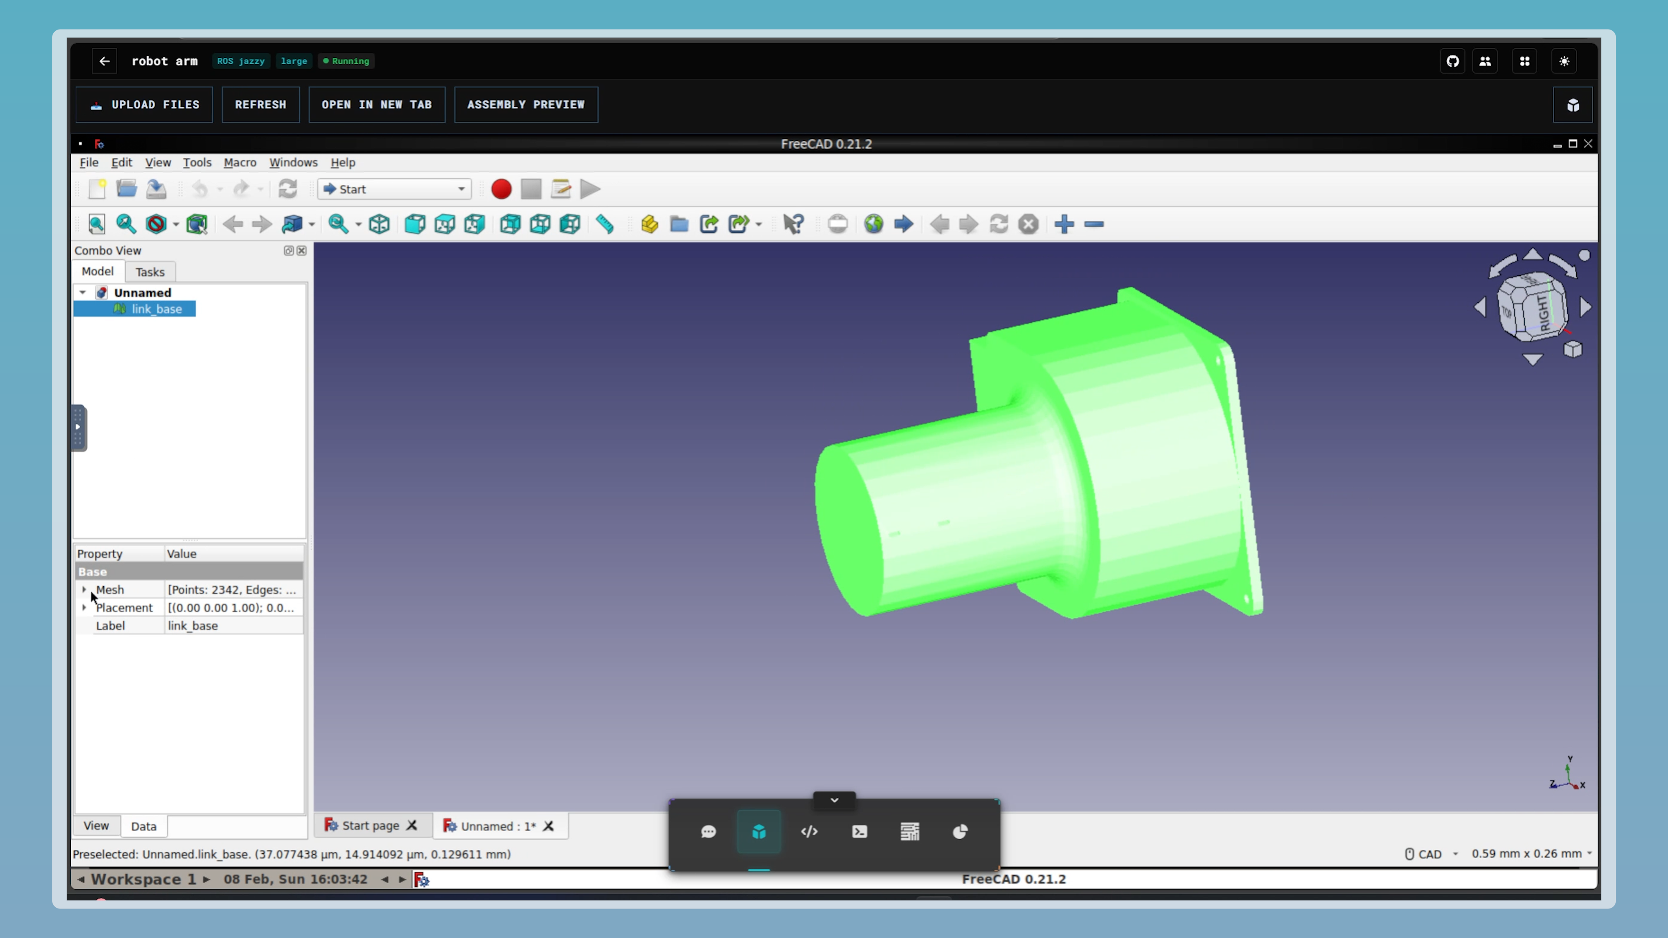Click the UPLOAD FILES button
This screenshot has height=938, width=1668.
point(144,105)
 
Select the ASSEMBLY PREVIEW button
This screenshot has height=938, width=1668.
point(525,105)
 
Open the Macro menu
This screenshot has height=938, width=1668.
point(240,162)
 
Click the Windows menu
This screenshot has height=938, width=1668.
point(293,162)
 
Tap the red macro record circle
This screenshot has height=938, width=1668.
point(500,189)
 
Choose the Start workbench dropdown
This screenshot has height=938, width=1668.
point(394,189)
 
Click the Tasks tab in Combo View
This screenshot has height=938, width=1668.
point(149,272)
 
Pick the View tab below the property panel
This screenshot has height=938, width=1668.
point(96,826)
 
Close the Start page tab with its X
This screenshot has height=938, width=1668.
point(412,826)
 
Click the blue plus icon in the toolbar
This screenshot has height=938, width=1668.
point(1064,225)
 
